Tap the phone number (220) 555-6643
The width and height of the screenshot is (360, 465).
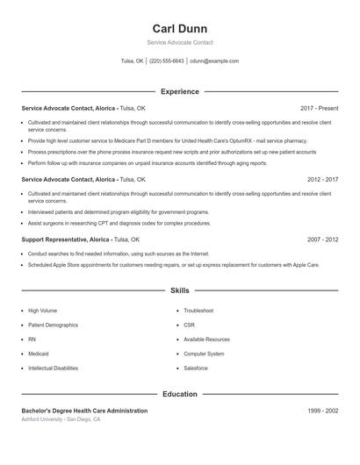click(x=167, y=61)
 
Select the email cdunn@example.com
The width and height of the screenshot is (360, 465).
click(x=214, y=61)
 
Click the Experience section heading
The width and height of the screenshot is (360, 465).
click(x=179, y=91)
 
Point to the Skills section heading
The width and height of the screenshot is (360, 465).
click(x=179, y=290)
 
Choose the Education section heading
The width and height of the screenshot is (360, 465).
click(x=179, y=394)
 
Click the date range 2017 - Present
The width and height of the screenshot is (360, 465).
click(x=319, y=108)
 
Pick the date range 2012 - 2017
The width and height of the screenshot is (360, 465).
click(x=322, y=179)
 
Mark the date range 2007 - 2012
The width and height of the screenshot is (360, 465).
click(x=322, y=239)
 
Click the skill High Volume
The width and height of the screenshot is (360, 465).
click(x=42, y=311)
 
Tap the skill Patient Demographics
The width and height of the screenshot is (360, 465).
click(x=53, y=325)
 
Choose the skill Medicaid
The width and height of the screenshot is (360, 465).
click(x=39, y=354)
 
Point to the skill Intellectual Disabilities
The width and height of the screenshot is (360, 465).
click(x=53, y=368)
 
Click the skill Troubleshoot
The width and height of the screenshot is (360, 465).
click(x=198, y=311)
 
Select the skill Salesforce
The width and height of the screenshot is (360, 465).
click(x=196, y=368)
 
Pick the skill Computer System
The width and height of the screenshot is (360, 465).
click(x=204, y=354)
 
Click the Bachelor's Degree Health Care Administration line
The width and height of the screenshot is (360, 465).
click(x=84, y=411)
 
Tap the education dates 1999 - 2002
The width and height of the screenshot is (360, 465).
click(x=322, y=411)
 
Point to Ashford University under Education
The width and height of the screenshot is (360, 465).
click(x=44, y=419)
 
